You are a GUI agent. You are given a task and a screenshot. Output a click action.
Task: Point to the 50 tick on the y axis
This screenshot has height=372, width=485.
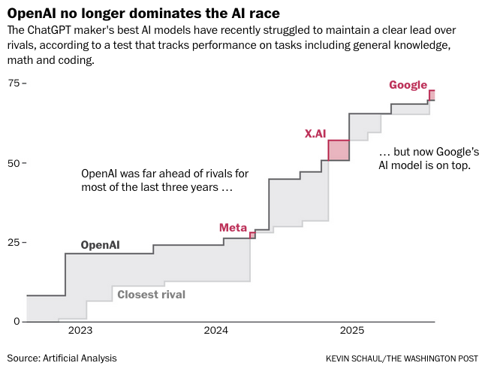click(14, 162)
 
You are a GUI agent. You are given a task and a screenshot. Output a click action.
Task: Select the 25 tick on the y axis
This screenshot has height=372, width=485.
click(14, 243)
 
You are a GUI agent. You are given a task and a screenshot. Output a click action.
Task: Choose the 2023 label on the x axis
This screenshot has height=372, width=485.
click(80, 331)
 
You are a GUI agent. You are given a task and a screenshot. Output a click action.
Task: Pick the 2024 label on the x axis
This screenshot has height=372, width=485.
click(216, 331)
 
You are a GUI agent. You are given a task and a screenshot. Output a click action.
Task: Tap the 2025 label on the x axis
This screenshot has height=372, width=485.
click(352, 331)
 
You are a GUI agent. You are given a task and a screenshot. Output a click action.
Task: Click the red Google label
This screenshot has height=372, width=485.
click(408, 85)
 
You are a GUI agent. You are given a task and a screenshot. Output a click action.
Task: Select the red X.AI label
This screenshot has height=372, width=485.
click(315, 133)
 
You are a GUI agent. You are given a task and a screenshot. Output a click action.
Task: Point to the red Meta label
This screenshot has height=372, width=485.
click(233, 228)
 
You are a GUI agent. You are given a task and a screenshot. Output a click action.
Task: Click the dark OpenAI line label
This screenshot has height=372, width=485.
click(100, 244)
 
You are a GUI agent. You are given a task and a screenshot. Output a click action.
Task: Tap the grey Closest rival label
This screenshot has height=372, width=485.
click(151, 295)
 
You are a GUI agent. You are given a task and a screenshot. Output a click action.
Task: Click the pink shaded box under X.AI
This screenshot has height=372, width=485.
click(339, 150)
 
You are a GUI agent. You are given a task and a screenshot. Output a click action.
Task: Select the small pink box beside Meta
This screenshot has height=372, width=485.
click(252, 235)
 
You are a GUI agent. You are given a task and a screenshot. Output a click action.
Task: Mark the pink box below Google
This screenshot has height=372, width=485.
click(432, 95)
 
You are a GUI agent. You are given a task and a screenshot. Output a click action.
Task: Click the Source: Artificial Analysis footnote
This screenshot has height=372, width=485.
click(62, 358)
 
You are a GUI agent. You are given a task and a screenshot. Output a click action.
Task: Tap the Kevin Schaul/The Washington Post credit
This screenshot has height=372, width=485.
click(402, 358)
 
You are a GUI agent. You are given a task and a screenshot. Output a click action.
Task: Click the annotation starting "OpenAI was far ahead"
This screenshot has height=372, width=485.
click(164, 180)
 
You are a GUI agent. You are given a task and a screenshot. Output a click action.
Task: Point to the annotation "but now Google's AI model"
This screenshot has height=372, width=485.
click(424, 157)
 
